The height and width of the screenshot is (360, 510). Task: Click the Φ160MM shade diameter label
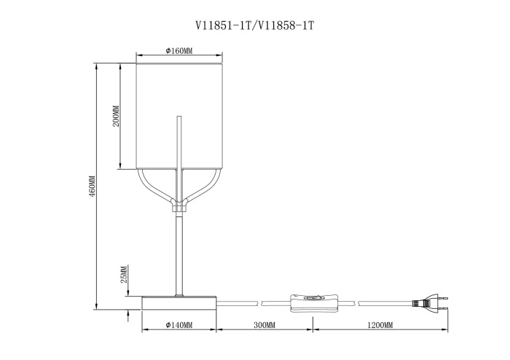[x=178, y=51]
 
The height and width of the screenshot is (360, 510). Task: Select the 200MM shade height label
[x=116, y=117]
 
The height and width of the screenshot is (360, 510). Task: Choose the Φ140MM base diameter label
[x=178, y=324]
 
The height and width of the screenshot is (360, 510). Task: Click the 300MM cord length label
[x=264, y=324]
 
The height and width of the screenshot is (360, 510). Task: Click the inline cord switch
[x=314, y=300]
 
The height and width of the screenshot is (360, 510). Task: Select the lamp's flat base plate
[x=179, y=302]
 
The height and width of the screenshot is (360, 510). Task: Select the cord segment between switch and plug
[x=379, y=300]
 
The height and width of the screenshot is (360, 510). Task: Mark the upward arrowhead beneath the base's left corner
[x=129, y=314]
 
